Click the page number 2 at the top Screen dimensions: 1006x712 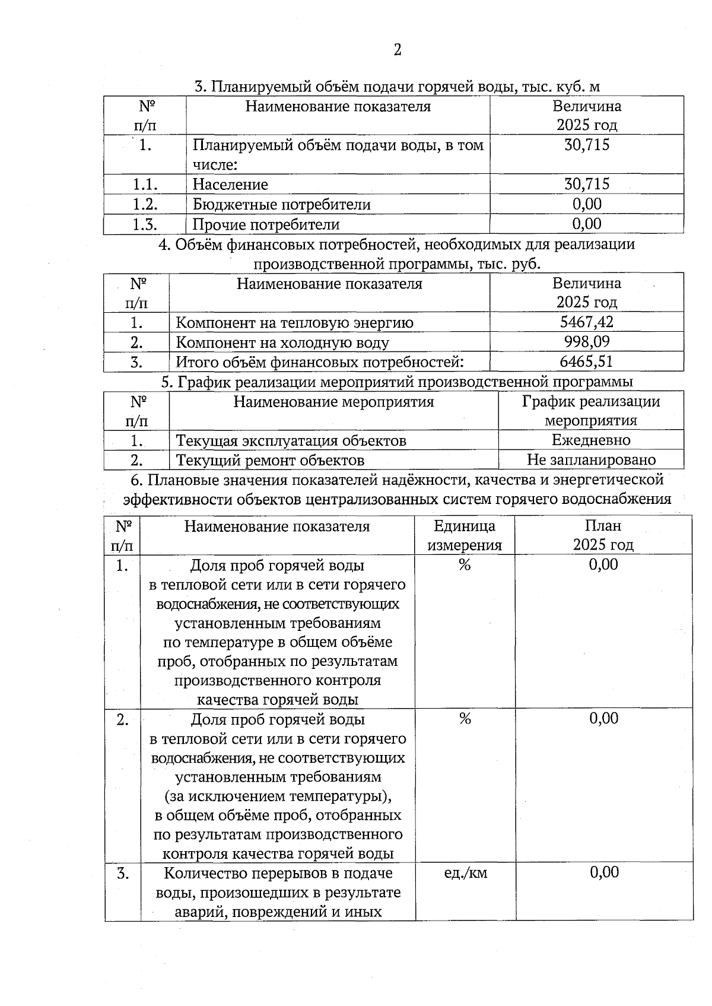(397, 50)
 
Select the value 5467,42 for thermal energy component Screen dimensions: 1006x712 (586, 322)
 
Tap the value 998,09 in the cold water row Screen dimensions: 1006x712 (586, 342)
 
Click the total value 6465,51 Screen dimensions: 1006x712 (586, 361)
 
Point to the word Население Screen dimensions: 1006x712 (230, 185)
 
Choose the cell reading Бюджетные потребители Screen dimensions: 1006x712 (281, 205)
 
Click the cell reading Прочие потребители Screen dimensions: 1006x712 (266, 225)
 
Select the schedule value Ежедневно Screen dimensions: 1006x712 (591, 440)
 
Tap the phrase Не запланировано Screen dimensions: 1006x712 (591, 460)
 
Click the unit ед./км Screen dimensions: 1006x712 (465, 872)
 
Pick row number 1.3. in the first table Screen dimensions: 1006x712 (145, 224)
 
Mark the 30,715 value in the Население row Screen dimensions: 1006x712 (586, 184)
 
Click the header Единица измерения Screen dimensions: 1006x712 (465, 535)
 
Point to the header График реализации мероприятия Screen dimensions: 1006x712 (591, 411)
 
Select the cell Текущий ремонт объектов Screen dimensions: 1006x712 (270, 461)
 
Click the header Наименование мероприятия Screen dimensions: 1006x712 (333, 402)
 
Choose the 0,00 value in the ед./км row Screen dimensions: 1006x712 (604, 872)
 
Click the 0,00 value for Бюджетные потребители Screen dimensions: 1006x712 (586, 204)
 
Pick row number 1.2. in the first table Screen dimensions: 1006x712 (145, 204)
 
